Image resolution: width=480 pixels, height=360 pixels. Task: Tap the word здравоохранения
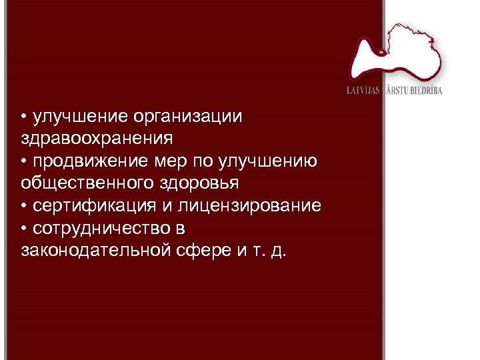[97, 139]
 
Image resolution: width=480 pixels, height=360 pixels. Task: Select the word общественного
[87, 183]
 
